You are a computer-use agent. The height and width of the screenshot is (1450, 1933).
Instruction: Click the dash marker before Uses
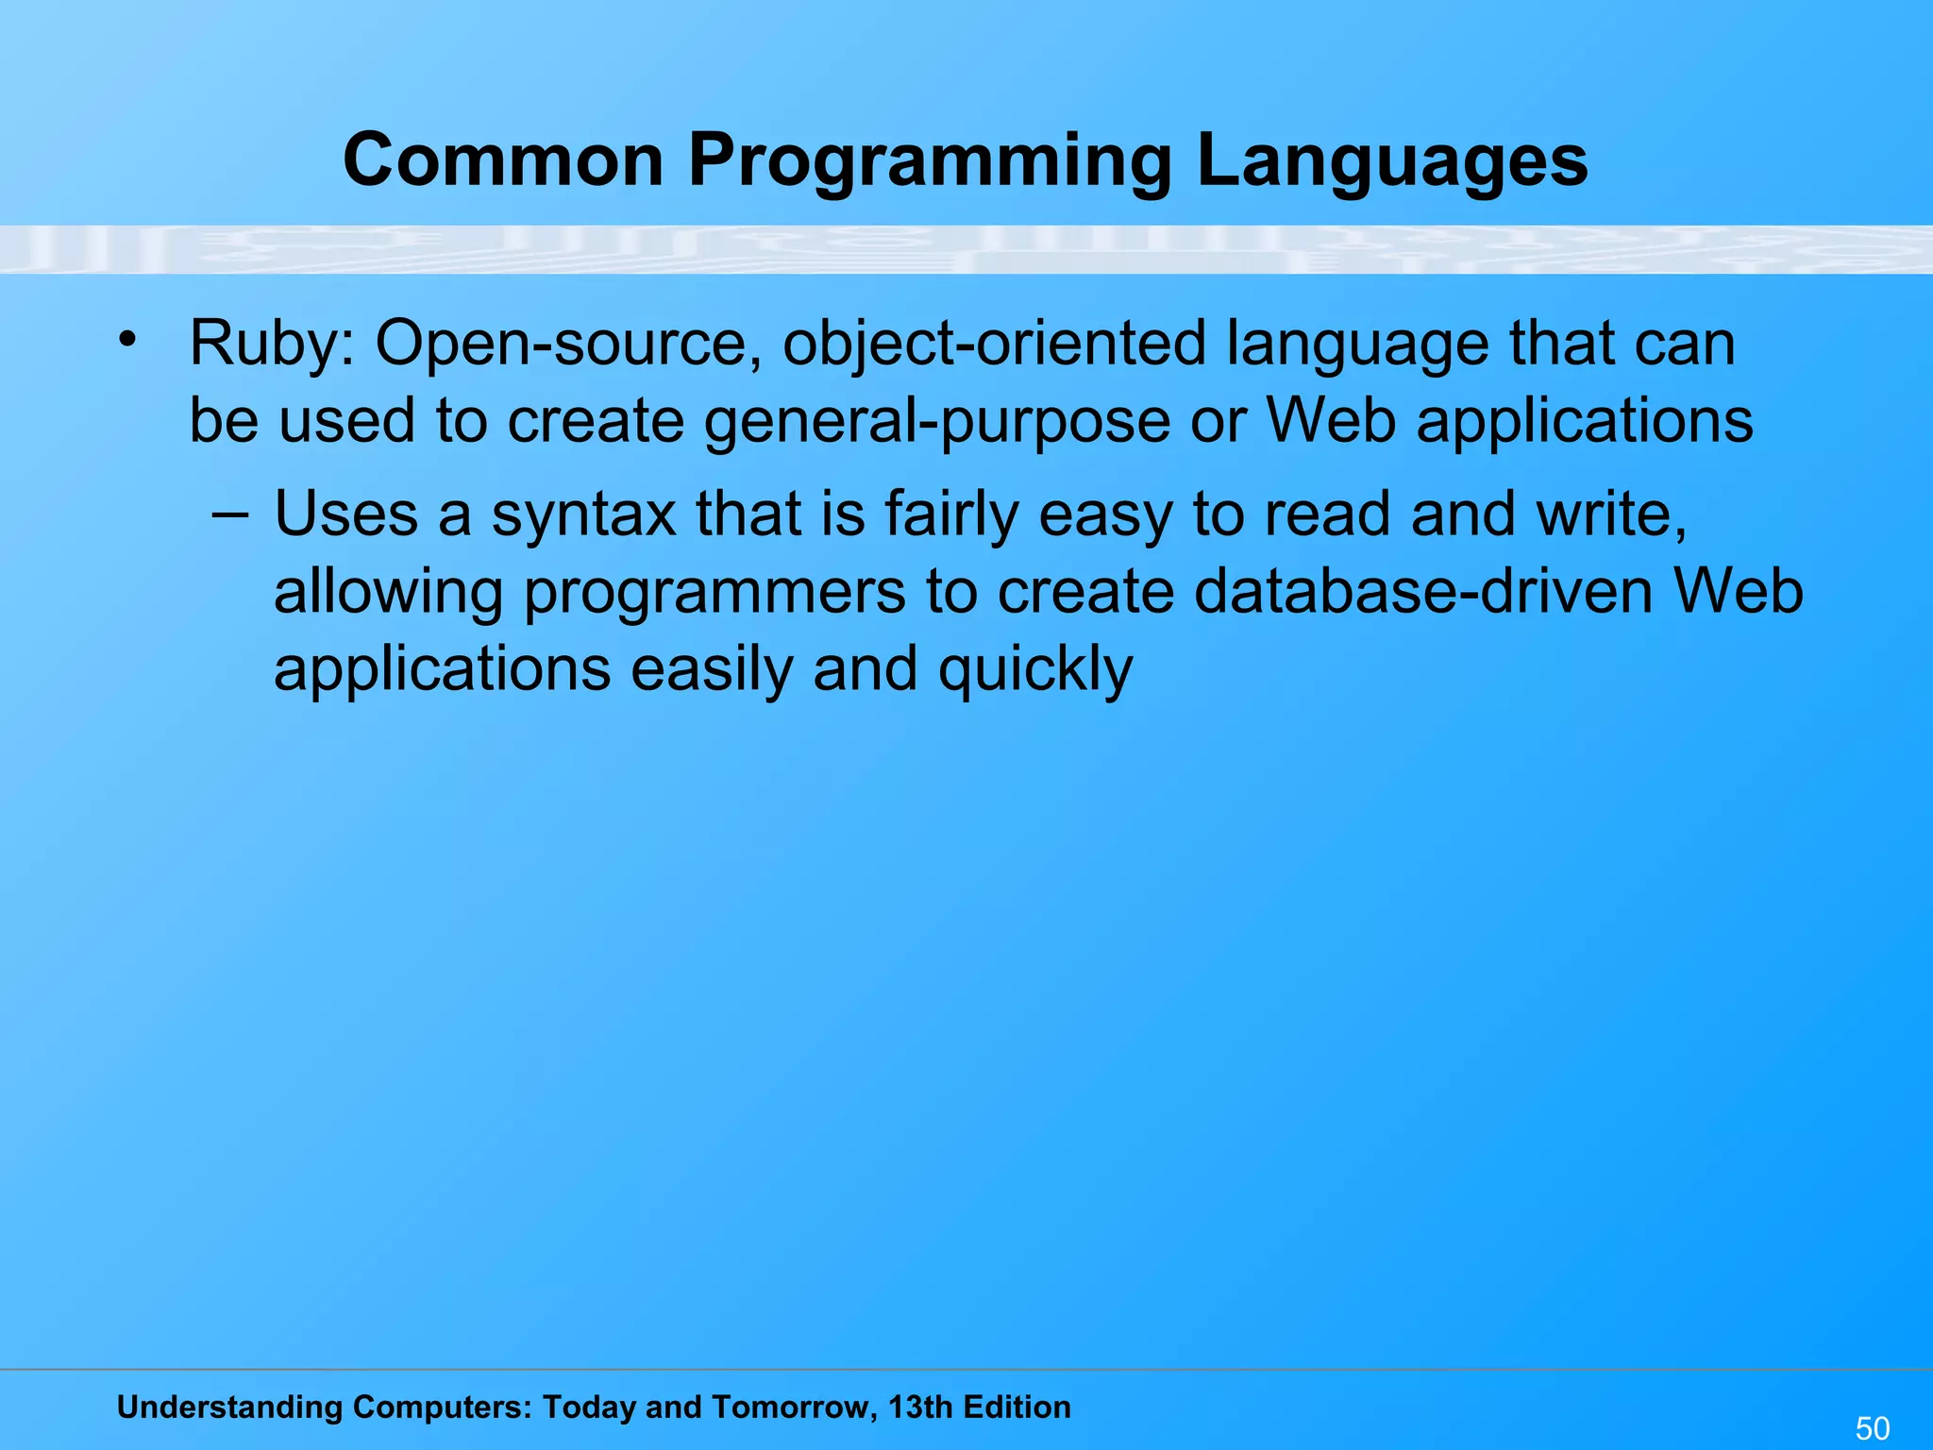(230, 515)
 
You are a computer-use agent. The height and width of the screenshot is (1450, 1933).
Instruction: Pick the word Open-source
(567, 344)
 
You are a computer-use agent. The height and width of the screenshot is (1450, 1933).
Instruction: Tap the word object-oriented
(994, 344)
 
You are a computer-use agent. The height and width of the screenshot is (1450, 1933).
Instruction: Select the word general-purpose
(937, 421)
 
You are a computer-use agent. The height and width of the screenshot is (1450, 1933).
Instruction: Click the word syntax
(583, 515)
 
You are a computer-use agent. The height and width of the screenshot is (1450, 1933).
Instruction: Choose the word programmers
(714, 593)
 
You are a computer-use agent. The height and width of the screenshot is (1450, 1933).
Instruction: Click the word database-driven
(1422, 591)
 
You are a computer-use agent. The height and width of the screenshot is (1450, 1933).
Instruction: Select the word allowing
(388, 593)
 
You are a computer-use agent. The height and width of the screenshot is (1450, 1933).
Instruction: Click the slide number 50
(1873, 1428)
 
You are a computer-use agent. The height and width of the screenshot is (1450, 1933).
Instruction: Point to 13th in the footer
(920, 1408)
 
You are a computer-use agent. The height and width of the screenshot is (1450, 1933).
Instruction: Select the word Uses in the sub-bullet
(345, 515)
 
